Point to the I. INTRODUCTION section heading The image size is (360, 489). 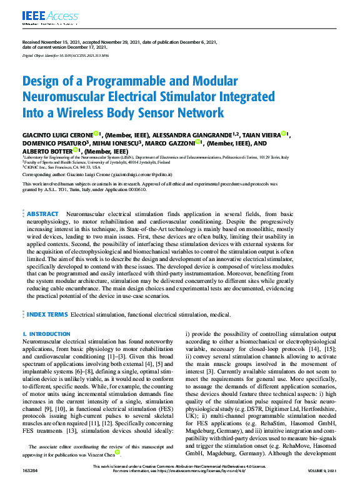(46, 334)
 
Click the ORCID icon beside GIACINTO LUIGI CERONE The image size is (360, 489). (96, 133)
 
